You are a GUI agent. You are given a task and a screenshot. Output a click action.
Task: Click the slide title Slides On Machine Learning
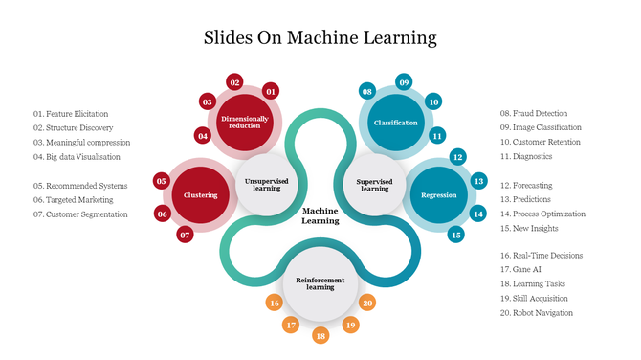[320, 38]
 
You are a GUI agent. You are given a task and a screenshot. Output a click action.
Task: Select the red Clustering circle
[201, 195]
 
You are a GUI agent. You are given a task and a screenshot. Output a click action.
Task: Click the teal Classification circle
[395, 123]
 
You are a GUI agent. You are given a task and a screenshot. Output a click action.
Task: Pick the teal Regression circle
[438, 195]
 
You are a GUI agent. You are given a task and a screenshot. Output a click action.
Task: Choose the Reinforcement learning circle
[320, 282]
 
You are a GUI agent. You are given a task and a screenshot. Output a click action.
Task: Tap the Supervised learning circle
[374, 184]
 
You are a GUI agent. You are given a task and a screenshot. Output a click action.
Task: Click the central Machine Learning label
[320, 215]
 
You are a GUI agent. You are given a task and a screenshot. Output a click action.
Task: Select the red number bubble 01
[271, 92]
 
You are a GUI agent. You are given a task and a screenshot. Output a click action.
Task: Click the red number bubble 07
[186, 235]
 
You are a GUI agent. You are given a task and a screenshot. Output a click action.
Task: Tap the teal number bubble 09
[404, 83]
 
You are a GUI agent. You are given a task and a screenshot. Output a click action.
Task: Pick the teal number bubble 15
[456, 235]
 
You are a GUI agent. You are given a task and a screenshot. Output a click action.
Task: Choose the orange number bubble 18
[320, 336]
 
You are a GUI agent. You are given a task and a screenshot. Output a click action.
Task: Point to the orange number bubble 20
[367, 303]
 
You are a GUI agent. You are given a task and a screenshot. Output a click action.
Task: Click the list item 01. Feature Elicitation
[71, 114]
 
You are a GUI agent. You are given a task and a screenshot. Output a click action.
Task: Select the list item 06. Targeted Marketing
[74, 200]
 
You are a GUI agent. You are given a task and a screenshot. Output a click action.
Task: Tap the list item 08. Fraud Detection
[534, 113]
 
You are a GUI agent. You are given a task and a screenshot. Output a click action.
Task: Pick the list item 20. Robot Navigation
[537, 313]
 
